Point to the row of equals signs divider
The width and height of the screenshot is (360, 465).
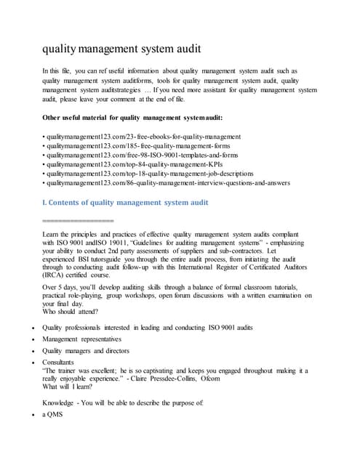coord(79,219)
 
